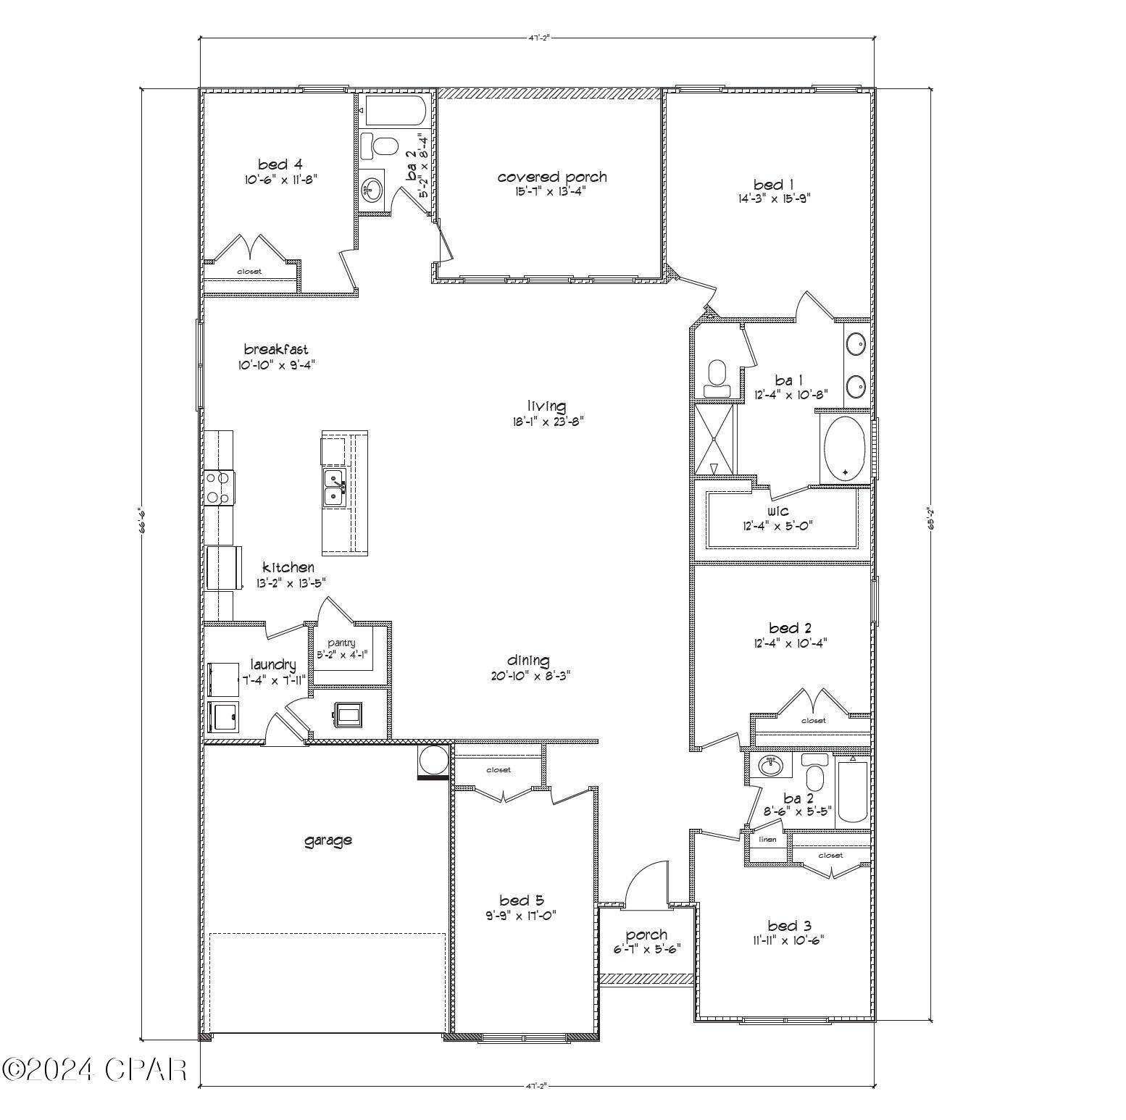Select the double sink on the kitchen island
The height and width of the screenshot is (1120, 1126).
coord(334,487)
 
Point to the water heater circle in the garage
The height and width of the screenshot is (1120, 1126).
coord(433,761)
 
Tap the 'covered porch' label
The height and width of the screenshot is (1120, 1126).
coord(552,177)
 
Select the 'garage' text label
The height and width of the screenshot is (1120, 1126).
coord(328,840)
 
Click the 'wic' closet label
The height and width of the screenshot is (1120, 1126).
coord(777,511)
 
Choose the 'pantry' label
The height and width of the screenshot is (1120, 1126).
coord(341,643)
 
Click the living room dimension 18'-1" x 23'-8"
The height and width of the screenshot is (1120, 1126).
coord(546,421)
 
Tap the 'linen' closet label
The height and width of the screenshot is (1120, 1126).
coord(767,840)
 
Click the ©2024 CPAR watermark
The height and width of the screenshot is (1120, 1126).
coord(94,1069)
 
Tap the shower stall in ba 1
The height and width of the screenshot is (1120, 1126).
coord(714,440)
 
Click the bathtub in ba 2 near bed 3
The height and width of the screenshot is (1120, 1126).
coord(853,791)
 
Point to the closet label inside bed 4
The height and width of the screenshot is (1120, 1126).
coord(249,272)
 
